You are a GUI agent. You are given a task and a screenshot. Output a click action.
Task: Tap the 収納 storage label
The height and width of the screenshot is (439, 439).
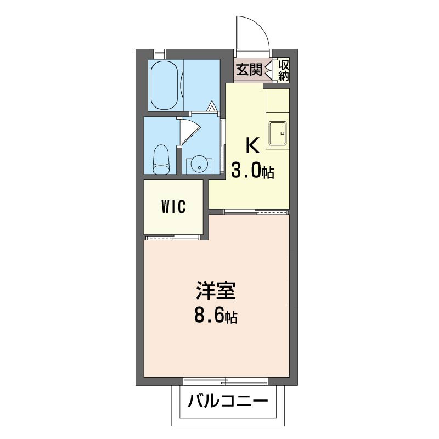pos(283,70)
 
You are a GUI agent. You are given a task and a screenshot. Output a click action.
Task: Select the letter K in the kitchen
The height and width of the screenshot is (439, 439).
pos(252,146)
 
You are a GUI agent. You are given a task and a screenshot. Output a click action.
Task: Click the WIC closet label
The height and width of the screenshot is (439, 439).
pos(173,207)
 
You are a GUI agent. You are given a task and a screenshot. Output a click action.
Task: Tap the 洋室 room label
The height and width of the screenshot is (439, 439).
pos(216,291)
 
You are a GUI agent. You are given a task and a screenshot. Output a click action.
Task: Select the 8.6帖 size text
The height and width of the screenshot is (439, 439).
pos(216,316)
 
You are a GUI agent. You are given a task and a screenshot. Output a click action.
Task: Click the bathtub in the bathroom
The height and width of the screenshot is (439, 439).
pos(165,85)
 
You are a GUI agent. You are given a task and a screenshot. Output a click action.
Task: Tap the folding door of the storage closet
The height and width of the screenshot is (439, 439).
pos(268,70)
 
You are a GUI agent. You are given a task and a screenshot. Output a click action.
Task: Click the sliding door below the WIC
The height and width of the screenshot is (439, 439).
pos(173,238)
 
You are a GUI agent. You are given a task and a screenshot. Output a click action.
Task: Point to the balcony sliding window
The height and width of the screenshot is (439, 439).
pos(226,381)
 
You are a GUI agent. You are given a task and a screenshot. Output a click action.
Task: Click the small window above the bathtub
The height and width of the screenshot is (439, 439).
pos(160,53)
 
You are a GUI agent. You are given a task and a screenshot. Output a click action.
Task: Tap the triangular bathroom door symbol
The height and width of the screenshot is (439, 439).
pos(212,106)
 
